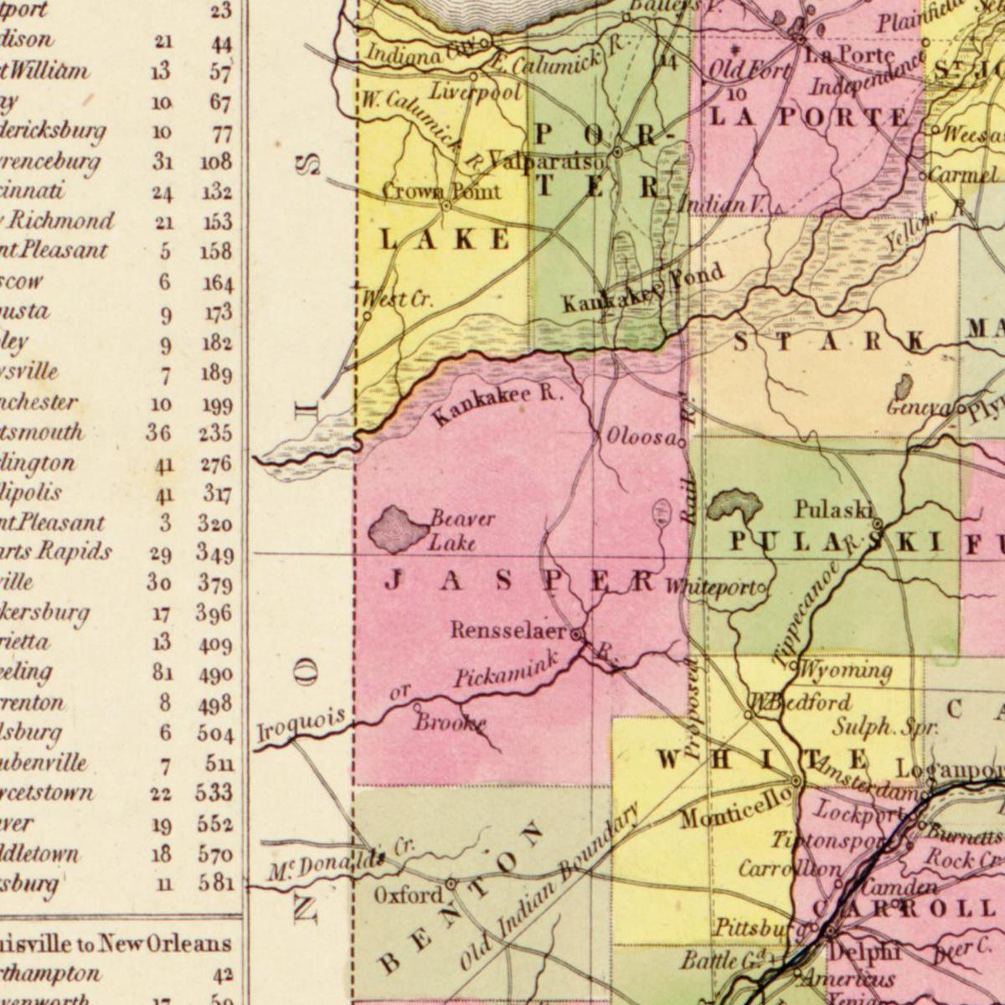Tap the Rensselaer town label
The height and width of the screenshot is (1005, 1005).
509,631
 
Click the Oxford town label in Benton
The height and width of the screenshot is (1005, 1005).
408,895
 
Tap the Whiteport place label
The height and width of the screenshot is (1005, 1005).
711,588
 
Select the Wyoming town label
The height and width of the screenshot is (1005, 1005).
844,670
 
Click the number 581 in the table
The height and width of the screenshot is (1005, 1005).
215,883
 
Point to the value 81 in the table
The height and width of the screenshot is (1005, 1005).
162,673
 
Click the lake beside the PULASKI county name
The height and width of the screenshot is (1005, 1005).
734,506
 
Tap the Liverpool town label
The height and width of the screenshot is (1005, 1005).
476,92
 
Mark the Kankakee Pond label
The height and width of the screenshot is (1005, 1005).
642,289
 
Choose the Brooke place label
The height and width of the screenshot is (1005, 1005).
450,722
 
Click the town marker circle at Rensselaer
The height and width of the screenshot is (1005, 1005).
576,635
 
